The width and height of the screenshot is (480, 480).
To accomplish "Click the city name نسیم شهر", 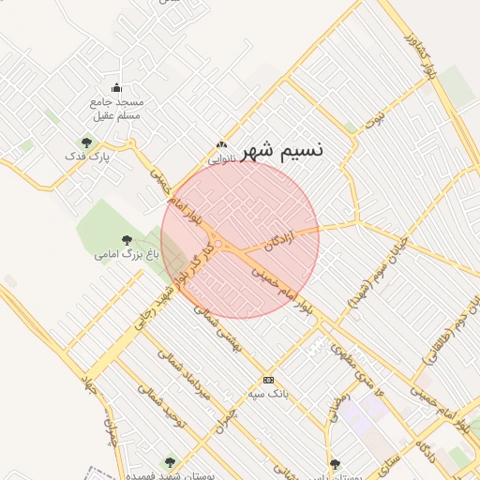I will tap(282, 151).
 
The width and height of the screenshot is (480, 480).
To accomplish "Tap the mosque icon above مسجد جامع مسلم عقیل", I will tap(116, 88).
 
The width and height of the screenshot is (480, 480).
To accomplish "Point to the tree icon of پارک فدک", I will tap(87, 142).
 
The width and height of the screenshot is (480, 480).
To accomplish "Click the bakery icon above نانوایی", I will tap(221, 145).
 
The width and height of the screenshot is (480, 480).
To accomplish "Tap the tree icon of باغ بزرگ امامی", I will tap(127, 240).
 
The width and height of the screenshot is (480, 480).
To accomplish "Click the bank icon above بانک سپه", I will tap(269, 380).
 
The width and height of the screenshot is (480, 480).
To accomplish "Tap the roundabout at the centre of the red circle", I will tap(218, 245).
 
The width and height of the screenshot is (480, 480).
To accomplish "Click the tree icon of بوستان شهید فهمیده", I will tap(170, 461).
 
